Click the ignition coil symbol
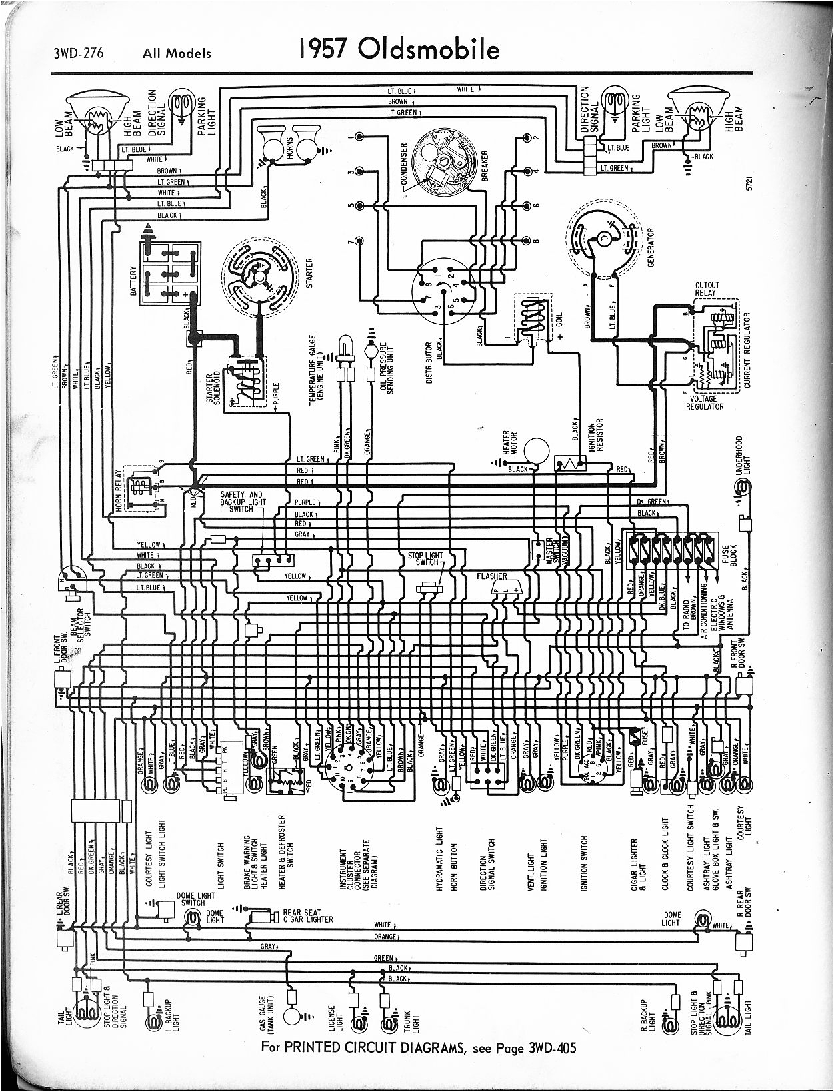point(533,318)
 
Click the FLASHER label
point(492,576)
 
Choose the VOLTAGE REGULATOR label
point(704,403)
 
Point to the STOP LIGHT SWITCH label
point(425,559)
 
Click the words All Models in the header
point(177,54)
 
